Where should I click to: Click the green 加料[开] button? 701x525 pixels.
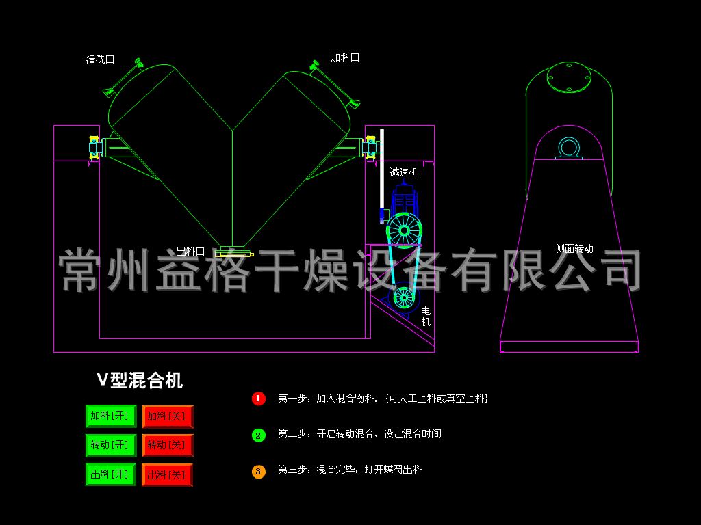tap(110, 416)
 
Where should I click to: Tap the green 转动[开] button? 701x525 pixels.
tap(110, 445)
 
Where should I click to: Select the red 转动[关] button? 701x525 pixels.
tap(168, 445)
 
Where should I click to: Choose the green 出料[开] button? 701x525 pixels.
tap(110, 474)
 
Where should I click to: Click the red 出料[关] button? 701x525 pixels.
tap(167, 474)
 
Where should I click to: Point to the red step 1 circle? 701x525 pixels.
tap(258, 399)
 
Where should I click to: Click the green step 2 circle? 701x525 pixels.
tap(258, 435)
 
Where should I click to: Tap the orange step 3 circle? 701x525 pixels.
tap(258, 471)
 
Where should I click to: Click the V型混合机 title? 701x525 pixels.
tap(140, 380)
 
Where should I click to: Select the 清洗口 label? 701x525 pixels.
tap(100, 59)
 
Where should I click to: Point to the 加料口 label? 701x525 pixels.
tap(345, 57)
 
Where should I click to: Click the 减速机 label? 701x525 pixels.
tap(404, 172)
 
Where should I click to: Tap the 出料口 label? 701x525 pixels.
tap(190, 252)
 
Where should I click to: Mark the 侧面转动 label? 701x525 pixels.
tap(574, 249)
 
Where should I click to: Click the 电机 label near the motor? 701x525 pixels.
tap(426, 317)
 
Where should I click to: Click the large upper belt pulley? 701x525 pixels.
tap(404, 230)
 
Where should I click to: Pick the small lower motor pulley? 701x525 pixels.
tap(404, 297)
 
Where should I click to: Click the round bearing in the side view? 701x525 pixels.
tap(568, 147)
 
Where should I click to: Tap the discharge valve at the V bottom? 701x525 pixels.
tap(233, 252)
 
